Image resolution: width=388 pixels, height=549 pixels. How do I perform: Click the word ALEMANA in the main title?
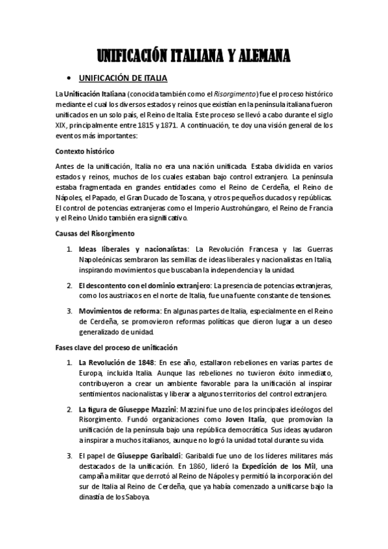(x=255, y=54)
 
